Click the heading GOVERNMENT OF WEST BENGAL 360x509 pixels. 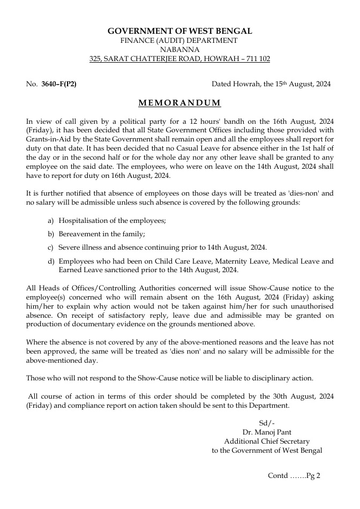coord(179,32)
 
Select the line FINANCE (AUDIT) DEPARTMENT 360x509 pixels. coord(179,41)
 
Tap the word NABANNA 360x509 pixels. coord(179,50)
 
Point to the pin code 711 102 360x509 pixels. coord(256,59)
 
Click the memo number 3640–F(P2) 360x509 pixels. coord(59,84)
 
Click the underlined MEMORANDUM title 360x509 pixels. coord(179,103)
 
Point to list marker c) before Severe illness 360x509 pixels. coord(51,248)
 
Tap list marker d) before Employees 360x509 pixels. coord(51,261)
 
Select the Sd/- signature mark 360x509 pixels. coord(267,423)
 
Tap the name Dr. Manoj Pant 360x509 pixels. coord(267,432)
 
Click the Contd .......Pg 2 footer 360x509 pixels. coord(294,475)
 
